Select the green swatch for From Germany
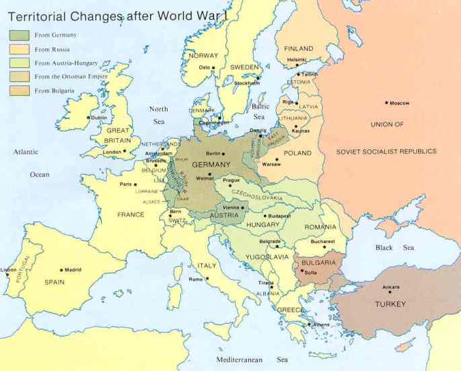pyautogui.click(x=19, y=34)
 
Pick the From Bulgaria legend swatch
pyautogui.click(x=19, y=90)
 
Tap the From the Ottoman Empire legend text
pyautogui.click(x=69, y=77)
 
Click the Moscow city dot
pyautogui.click(x=387, y=103)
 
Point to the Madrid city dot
pyautogui.click(x=61, y=270)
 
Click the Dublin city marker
pyautogui.click(x=89, y=117)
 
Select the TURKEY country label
pyautogui.click(x=390, y=305)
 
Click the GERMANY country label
pyautogui.click(x=211, y=165)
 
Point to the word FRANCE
pyautogui.click(x=131, y=215)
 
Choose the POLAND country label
pyautogui.click(x=297, y=154)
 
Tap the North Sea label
pyautogui.click(x=158, y=115)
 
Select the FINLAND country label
pyautogui.click(x=299, y=49)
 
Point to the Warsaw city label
pyautogui.click(x=271, y=164)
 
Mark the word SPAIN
pyautogui.click(x=55, y=282)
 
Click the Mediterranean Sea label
pyautogui.click(x=252, y=360)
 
